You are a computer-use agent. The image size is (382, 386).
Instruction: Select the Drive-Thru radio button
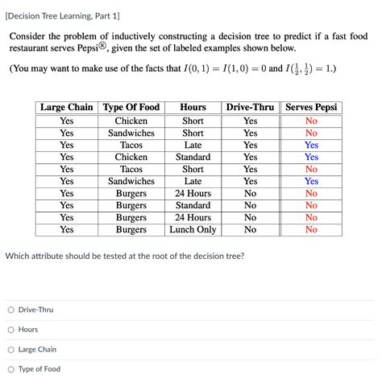(11, 310)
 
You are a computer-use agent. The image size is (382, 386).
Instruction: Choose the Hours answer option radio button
(11, 330)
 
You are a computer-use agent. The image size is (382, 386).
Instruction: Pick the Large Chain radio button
(11, 350)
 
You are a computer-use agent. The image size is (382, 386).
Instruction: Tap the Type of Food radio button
(11, 369)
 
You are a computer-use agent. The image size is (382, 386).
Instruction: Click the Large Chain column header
(67, 107)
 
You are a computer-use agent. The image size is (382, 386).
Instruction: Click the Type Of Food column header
(131, 107)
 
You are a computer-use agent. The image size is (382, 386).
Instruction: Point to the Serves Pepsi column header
(311, 107)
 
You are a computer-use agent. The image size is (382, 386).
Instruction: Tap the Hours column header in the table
(193, 107)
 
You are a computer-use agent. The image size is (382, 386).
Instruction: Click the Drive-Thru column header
(250, 107)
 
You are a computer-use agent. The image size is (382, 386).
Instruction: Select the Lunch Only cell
(193, 229)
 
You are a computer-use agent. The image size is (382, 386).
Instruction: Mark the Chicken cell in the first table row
(131, 121)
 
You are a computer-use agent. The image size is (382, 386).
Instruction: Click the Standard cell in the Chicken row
(193, 157)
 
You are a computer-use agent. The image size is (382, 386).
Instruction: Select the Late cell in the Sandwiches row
(193, 181)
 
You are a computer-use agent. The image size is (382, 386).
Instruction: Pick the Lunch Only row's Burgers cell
(131, 229)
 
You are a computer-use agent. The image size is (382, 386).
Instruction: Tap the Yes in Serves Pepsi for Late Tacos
(311, 145)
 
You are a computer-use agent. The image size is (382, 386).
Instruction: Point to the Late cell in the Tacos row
(193, 145)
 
